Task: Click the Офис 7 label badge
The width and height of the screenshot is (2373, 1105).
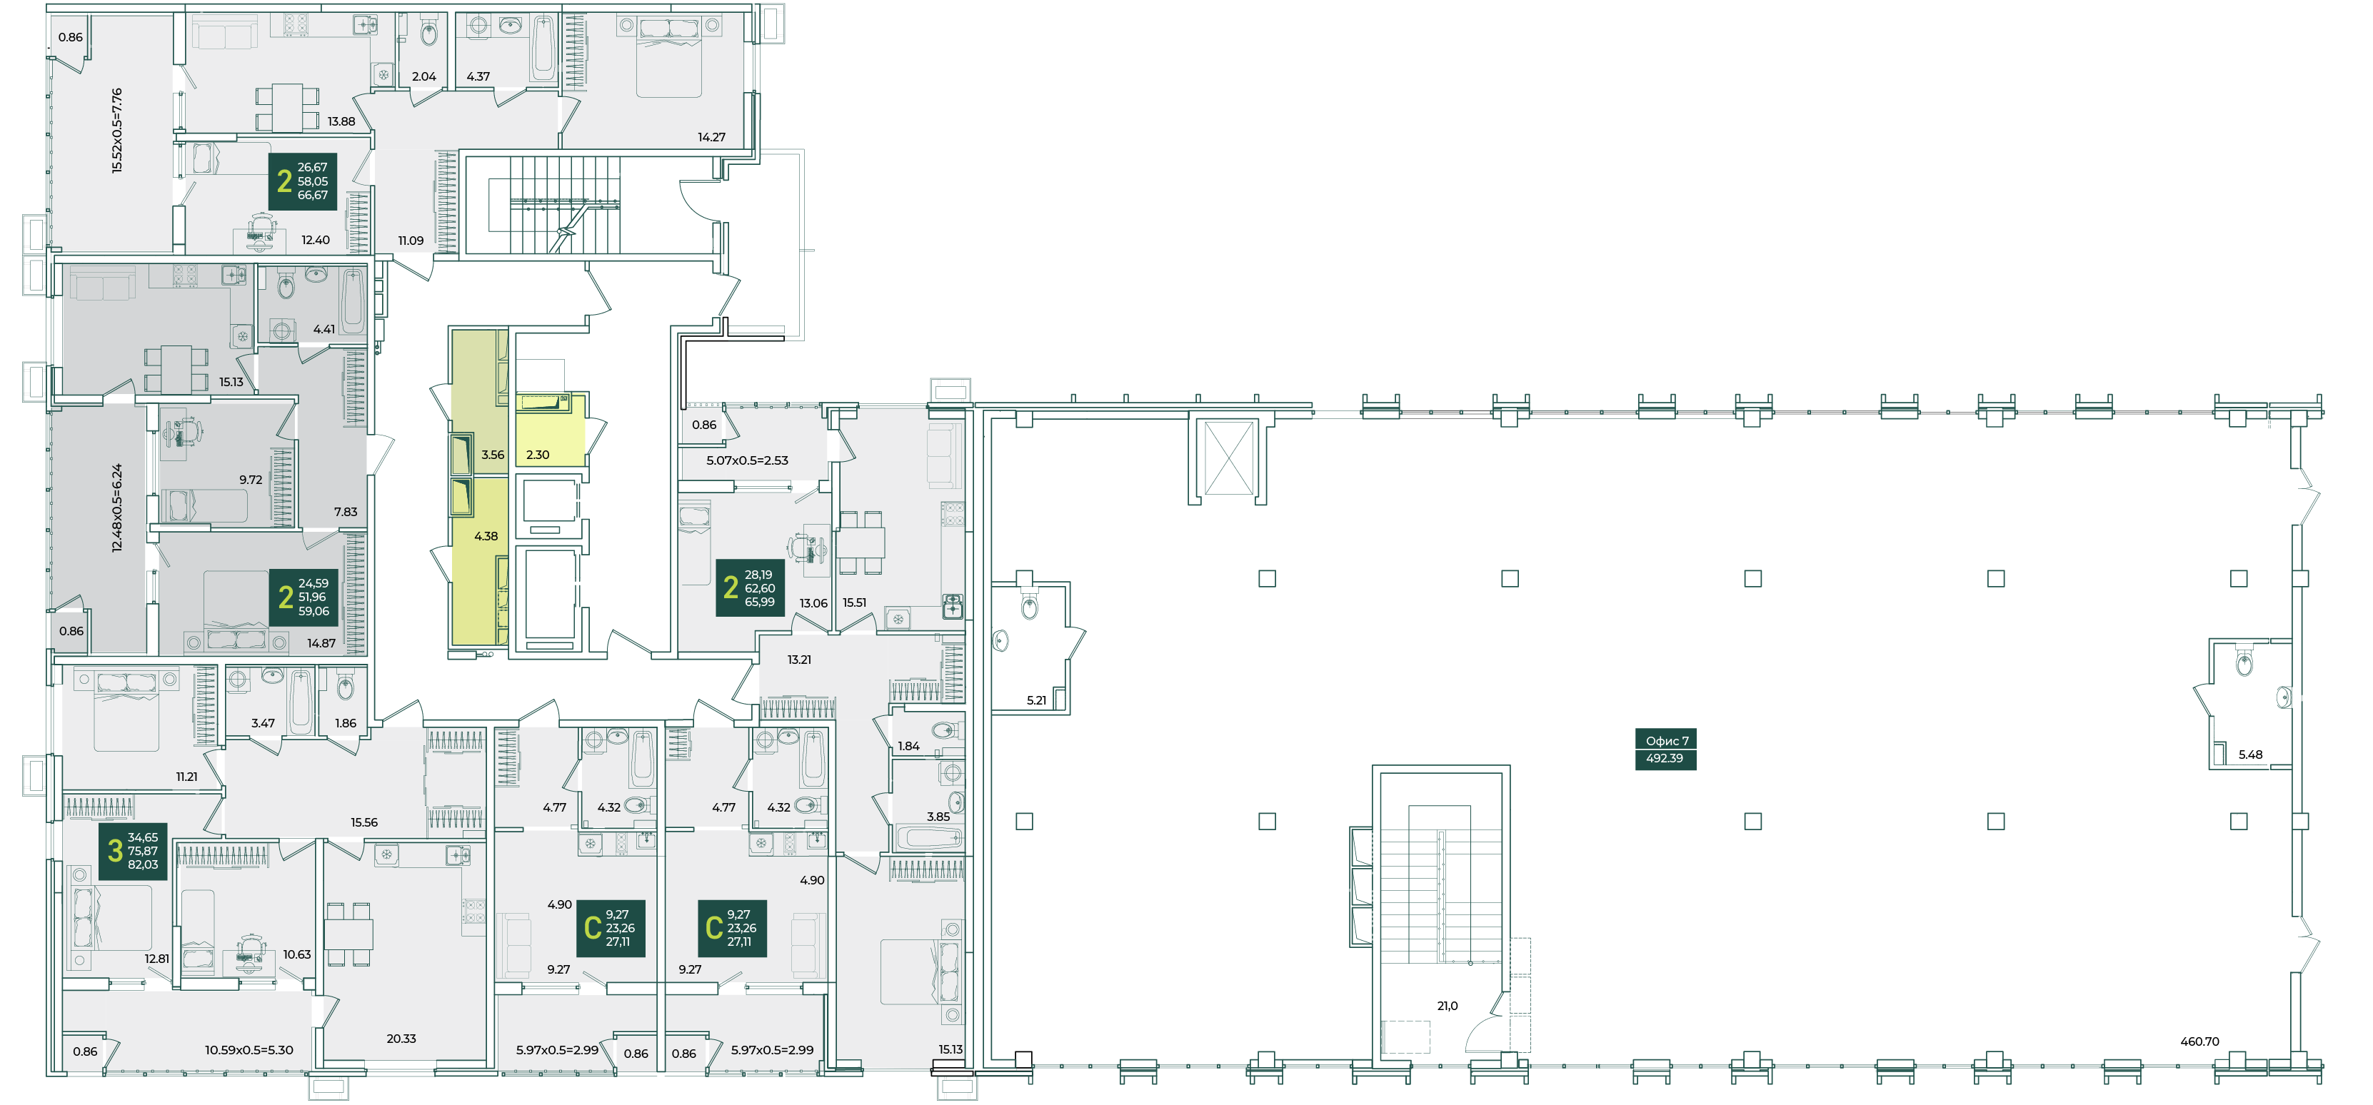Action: click(x=1665, y=750)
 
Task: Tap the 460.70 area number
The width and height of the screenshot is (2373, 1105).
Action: click(x=2199, y=1041)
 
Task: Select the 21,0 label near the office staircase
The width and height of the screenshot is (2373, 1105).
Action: click(x=1448, y=1006)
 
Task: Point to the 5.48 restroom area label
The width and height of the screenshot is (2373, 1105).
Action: click(x=2250, y=755)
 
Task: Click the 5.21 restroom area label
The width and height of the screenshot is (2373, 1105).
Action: click(x=1036, y=700)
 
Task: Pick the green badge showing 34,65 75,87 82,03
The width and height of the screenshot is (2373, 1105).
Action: click(x=133, y=851)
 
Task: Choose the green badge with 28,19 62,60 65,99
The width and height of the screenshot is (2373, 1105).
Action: click(x=751, y=587)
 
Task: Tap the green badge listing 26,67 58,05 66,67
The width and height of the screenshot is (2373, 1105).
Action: click(x=303, y=181)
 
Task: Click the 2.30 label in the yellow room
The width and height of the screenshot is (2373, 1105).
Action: click(x=538, y=455)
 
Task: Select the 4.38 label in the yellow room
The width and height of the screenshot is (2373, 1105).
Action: click(x=486, y=536)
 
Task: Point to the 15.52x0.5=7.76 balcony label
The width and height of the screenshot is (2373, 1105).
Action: click(x=117, y=131)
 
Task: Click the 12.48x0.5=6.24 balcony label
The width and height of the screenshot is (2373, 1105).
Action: click(x=117, y=508)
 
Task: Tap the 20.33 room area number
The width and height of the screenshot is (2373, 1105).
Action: click(x=401, y=1039)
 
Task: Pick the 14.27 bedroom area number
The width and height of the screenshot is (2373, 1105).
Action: click(x=711, y=137)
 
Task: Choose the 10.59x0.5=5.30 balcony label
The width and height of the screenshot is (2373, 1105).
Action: click(x=249, y=1050)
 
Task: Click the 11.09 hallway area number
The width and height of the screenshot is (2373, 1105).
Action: click(x=411, y=241)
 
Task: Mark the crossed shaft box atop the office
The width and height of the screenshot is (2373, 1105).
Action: click(x=1229, y=458)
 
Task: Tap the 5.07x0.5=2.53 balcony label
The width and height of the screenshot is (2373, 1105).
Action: click(x=747, y=460)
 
